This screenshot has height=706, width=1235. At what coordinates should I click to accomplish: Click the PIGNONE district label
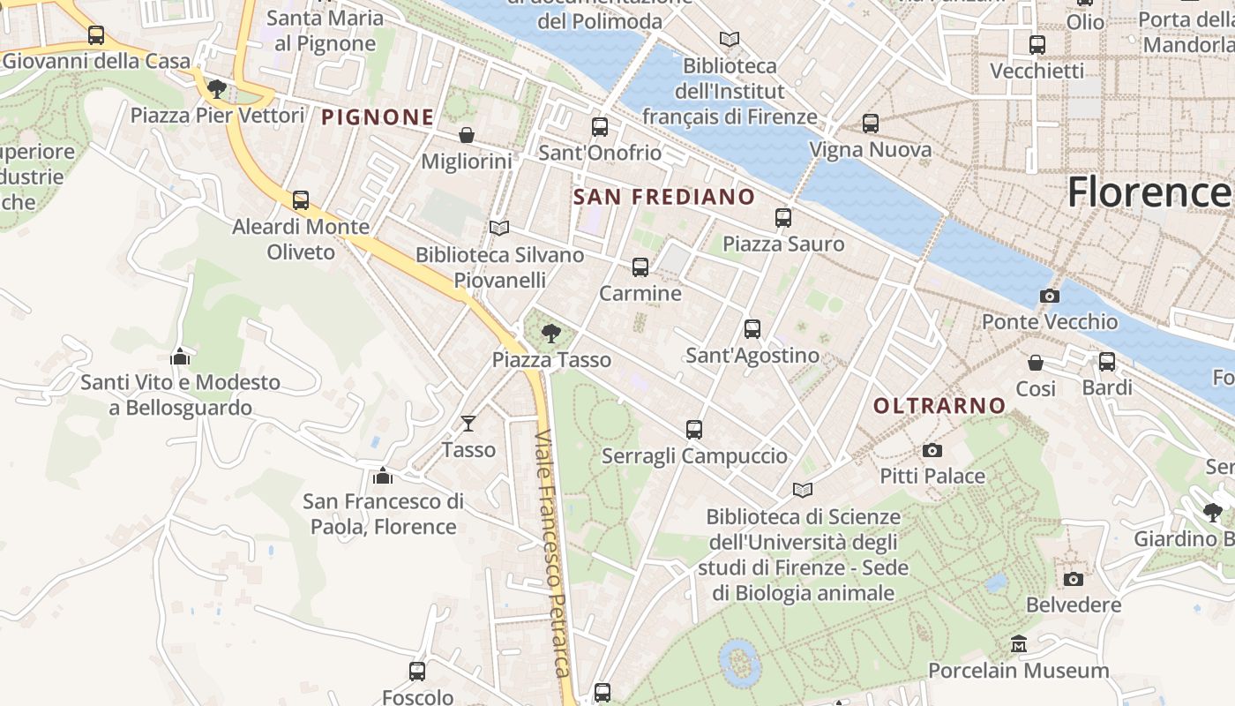(x=378, y=116)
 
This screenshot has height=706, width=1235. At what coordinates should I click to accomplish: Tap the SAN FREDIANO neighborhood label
(x=664, y=197)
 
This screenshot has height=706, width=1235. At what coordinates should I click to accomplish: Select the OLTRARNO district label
(x=939, y=406)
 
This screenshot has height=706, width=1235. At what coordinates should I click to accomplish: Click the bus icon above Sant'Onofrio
(x=600, y=127)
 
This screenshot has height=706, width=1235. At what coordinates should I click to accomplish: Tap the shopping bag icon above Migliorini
(x=467, y=135)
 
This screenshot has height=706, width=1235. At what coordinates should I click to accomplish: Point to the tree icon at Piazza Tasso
(x=551, y=334)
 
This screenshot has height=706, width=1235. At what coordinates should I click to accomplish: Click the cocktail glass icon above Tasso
(x=468, y=424)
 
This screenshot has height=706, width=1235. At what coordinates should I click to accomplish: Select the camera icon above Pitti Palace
(x=932, y=450)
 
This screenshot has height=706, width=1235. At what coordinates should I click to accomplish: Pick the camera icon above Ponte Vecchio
(x=1050, y=296)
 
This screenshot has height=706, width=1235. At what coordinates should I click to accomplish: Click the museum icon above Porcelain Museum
(x=1019, y=644)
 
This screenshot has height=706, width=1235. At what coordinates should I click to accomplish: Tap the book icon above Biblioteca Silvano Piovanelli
(x=499, y=229)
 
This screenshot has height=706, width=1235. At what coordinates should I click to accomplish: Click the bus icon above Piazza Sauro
(x=783, y=218)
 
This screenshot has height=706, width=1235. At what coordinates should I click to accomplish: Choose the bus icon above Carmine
(x=640, y=267)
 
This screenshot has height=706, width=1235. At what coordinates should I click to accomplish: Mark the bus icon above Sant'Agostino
(x=752, y=329)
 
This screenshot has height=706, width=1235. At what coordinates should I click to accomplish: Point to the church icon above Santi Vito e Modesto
(x=180, y=357)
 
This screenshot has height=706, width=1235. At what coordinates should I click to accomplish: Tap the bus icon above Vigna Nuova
(x=871, y=124)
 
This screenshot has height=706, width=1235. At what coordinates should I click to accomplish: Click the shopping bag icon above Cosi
(x=1036, y=363)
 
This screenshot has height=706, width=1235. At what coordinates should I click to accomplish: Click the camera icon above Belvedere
(x=1074, y=579)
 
